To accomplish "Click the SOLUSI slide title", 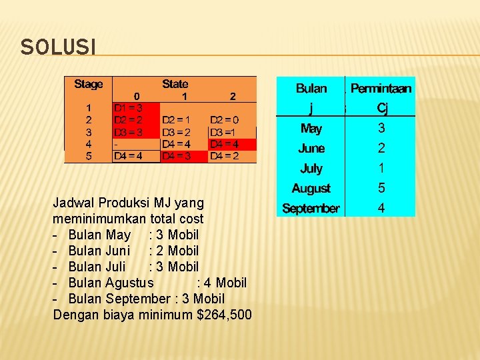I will [x=58, y=47].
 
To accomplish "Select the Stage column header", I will [x=89, y=84].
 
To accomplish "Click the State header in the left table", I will [x=175, y=84].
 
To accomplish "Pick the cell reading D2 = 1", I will [x=176, y=120].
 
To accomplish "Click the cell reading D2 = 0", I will [x=224, y=120].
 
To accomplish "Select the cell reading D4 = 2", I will [x=224, y=156].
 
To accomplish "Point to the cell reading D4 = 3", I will [x=176, y=156].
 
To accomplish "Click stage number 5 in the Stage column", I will [x=89, y=156].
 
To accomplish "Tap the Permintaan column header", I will [x=381, y=88].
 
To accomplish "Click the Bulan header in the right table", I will [x=311, y=88].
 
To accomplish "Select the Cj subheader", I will [x=381, y=107].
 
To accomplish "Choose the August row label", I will [x=311, y=189].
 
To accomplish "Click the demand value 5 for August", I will [x=381, y=189].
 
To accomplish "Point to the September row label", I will [x=311, y=209].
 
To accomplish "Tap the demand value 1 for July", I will [x=381, y=169].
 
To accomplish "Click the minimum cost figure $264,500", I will [x=225, y=315].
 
